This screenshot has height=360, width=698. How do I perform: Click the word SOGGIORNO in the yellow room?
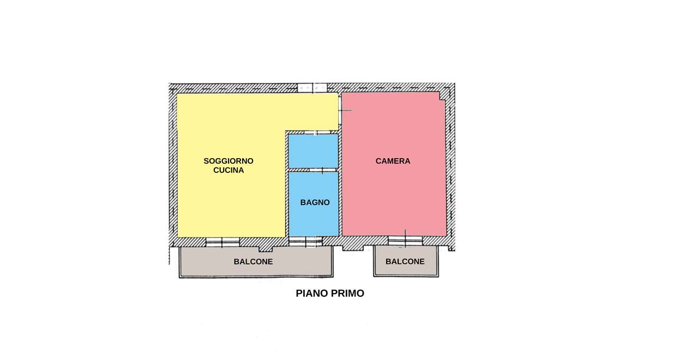click(x=228, y=161)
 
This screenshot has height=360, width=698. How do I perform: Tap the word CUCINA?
click(x=228, y=170)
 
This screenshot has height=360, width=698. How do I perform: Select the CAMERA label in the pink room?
click(x=393, y=161)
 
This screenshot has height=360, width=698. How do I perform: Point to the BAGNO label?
click(x=315, y=202)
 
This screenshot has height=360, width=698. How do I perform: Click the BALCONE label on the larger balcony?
click(x=253, y=262)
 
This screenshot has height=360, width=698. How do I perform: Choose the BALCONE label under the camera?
click(x=405, y=261)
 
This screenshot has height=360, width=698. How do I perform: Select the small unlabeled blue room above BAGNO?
click(x=313, y=151)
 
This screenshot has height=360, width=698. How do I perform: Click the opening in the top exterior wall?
click(x=312, y=88)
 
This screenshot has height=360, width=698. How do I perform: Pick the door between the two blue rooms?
click(x=322, y=170)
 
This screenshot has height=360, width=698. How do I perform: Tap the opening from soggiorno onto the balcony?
click(x=222, y=242)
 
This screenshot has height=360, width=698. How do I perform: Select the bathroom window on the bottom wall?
click(x=305, y=242)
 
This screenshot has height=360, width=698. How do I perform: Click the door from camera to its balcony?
click(x=405, y=241)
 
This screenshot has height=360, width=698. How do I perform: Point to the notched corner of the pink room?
click(x=442, y=96)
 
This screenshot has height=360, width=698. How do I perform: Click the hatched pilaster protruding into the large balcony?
click(x=266, y=249)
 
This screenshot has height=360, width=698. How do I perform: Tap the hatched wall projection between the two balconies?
click(x=353, y=248)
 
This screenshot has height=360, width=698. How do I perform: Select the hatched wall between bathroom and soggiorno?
click(x=287, y=184)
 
